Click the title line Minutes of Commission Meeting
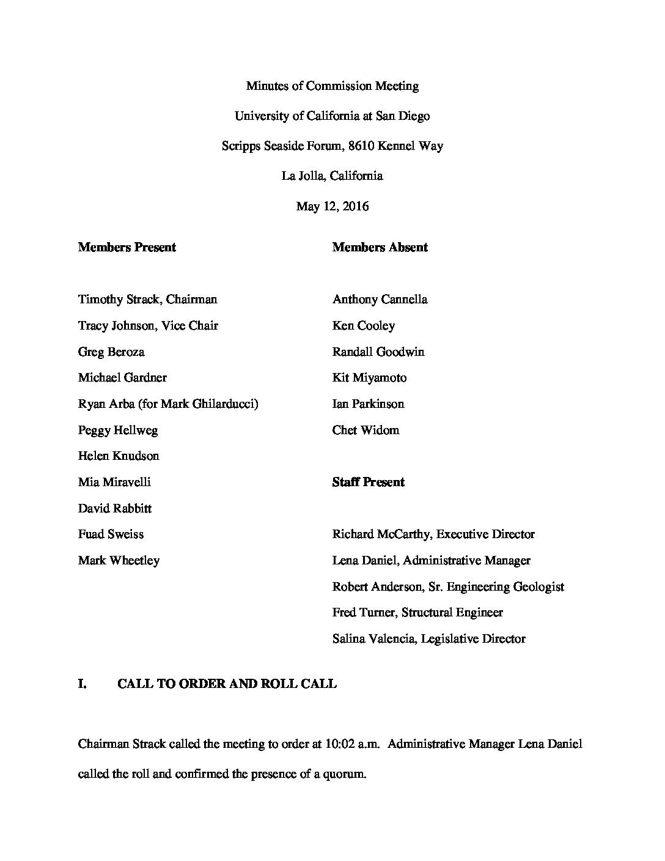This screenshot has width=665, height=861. (x=332, y=86)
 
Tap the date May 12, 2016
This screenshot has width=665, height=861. (x=332, y=206)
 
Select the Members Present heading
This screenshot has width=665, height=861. (x=127, y=248)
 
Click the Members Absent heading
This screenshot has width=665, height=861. (x=380, y=248)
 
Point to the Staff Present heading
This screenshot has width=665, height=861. (x=368, y=482)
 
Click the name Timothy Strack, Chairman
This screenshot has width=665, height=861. (x=147, y=300)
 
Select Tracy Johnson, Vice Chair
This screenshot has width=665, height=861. (x=148, y=326)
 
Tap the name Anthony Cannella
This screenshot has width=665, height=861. (x=380, y=300)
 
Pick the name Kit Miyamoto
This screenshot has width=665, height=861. (x=369, y=378)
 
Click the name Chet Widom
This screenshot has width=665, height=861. (x=366, y=430)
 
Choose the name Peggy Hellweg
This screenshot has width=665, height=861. (x=118, y=430)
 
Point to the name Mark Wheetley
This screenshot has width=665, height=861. (x=119, y=561)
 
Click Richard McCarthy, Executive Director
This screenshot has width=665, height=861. (x=433, y=534)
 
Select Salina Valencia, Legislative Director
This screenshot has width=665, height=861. (x=428, y=639)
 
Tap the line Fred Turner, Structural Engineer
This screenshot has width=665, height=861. (x=417, y=613)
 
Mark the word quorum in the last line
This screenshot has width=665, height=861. (x=346, y=774)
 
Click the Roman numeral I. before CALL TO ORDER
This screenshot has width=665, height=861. (x=83, y=684)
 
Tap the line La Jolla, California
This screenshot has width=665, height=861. (x=332, y=176)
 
